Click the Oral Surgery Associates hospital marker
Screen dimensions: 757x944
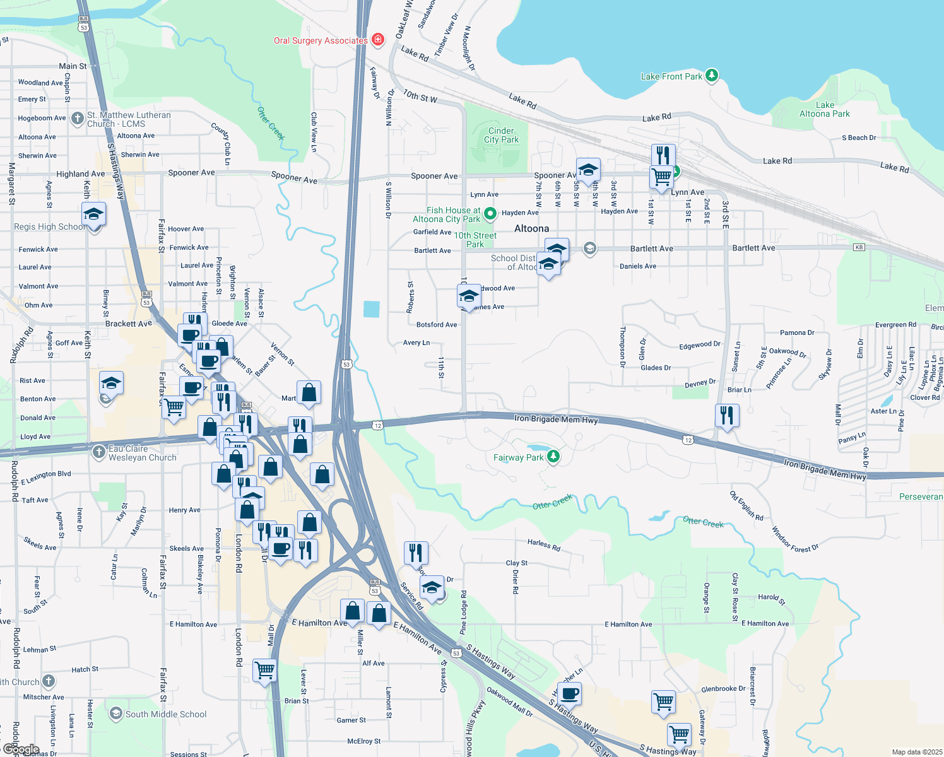[378, 40]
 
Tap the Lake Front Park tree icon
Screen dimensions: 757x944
[712, 76]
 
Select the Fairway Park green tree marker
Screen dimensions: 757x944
[553, 456]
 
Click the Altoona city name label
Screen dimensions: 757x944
[531, 228]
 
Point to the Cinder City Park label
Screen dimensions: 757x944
[501, 135]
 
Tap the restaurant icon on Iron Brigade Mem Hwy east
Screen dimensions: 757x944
[727, 416]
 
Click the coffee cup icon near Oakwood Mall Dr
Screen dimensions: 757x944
[570, 693]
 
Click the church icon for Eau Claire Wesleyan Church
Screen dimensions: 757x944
[98, 452]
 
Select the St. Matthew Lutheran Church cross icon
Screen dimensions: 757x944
[77, 118]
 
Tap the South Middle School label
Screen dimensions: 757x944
[166, 714]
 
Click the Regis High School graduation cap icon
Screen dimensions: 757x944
[93, 214]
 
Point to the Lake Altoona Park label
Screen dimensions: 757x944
[824, 109]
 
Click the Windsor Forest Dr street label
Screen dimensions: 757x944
[795, 540]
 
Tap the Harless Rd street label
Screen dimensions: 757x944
[544, 544]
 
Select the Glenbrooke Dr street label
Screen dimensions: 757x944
[723, 689]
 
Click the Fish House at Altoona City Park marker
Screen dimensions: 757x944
[490, 214]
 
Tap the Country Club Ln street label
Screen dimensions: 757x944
[220, 144]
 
